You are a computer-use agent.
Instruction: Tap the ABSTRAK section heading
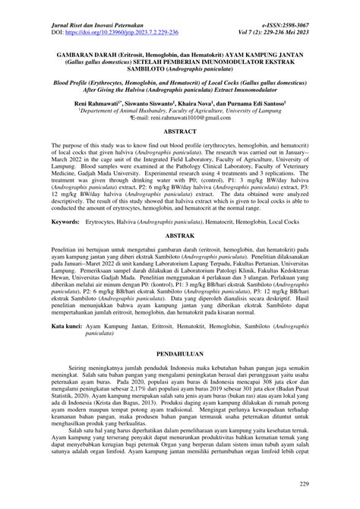pyautogui.click(x=180, y=258)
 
